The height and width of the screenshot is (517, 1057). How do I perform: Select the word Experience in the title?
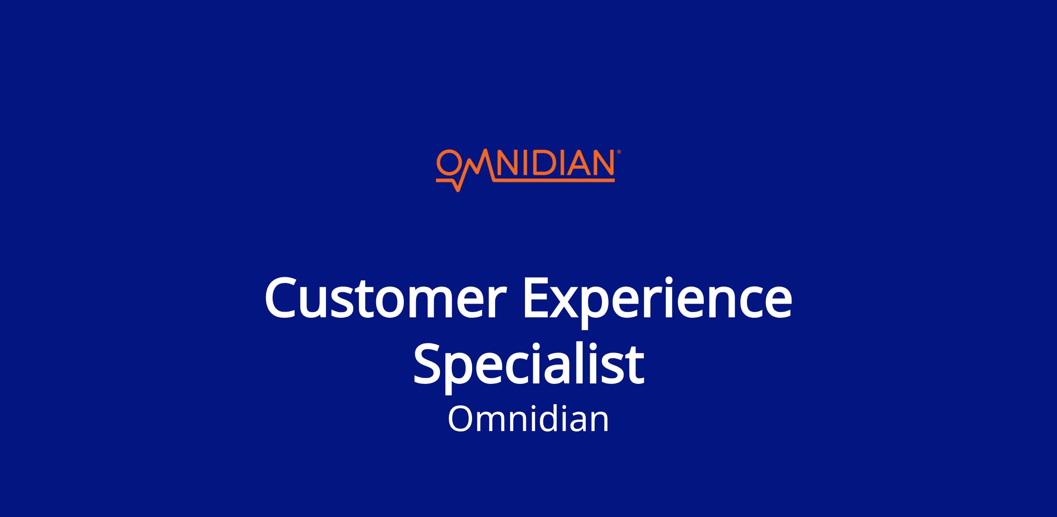click(658, 302)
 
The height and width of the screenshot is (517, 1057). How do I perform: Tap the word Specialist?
click(528, 364)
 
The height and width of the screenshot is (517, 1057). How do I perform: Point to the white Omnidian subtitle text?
click(528, 419)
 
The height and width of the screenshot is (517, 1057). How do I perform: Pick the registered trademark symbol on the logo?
click(619, 152)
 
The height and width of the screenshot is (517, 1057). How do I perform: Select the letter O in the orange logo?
click(448, 163)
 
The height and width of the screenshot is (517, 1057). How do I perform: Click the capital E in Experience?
click(535, 298)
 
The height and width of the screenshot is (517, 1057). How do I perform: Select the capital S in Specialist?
click(428, 364)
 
